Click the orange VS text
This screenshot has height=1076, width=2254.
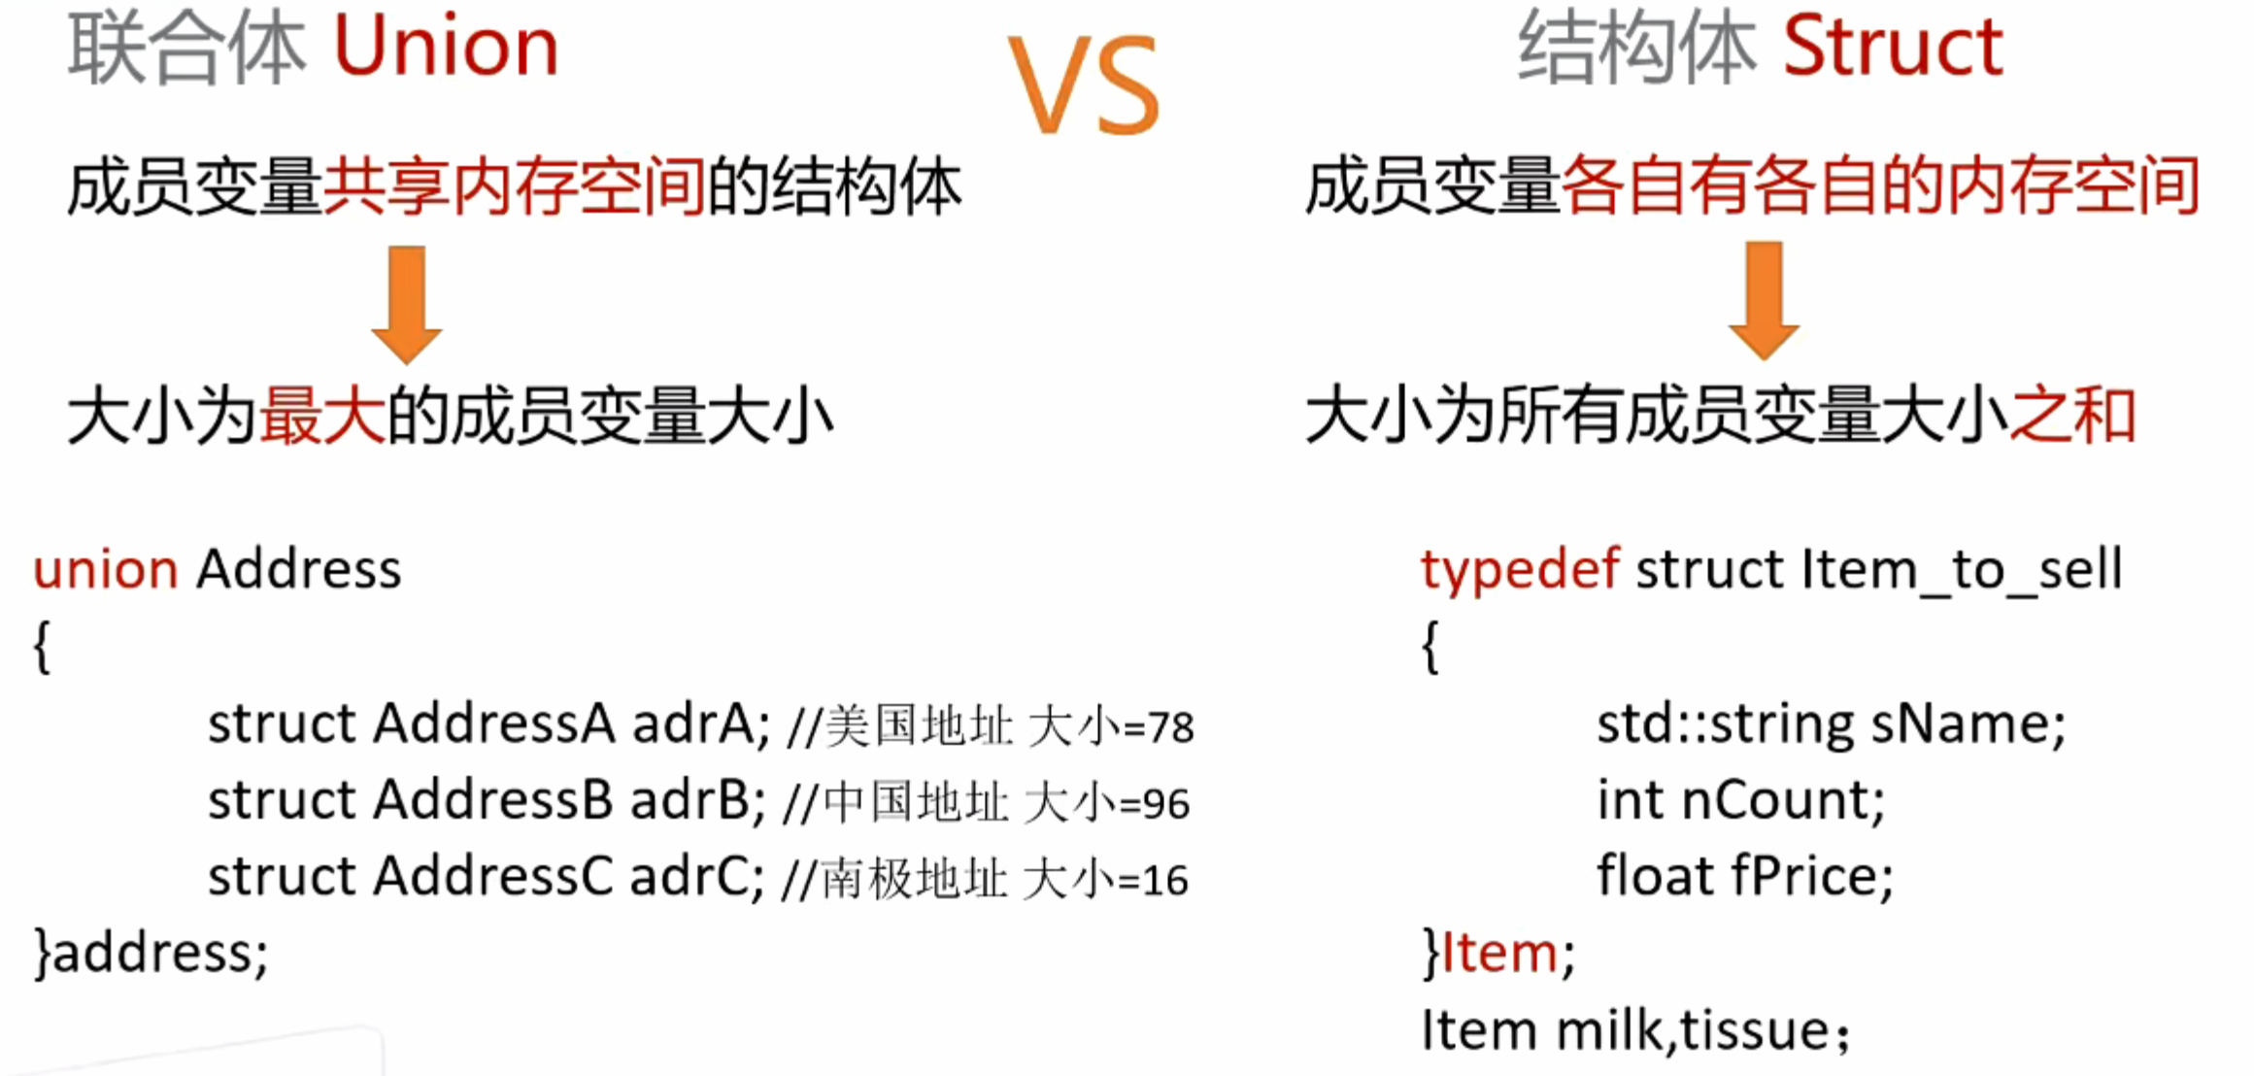1084,84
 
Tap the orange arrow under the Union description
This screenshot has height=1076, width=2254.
407,305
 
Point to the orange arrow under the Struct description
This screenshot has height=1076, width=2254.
1765,301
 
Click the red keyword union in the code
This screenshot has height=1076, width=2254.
106,569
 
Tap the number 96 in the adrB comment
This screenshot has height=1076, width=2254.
1166,804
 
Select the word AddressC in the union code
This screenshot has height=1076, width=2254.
493,876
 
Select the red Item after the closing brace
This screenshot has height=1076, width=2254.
1499,953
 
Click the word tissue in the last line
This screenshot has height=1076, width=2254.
1756,1030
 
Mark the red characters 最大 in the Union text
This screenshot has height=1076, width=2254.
321,416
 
